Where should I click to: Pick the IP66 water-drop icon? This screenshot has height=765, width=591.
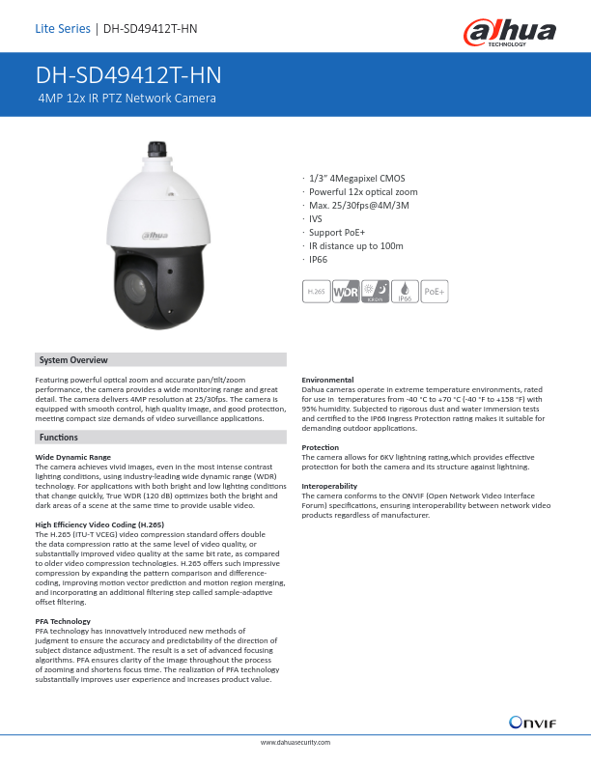406,290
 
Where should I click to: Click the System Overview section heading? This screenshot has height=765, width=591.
73,360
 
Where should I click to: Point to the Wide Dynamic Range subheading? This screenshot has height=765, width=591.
72,455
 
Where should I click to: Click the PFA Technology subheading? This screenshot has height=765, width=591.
63,620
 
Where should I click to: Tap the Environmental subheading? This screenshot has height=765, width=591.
328,379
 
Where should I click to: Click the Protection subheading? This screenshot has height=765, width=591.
320,447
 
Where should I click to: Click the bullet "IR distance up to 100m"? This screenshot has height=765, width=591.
354,246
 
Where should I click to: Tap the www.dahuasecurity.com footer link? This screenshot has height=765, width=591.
295,742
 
